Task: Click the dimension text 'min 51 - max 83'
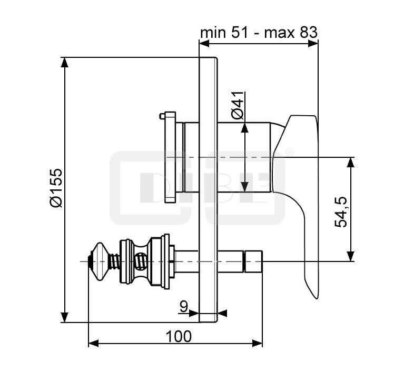click(x=259, y=33)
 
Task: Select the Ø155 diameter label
click(x=56, y=188)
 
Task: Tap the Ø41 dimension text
click(x=238, y=105)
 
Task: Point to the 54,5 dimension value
click(x=341, y=212)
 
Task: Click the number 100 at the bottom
click(x=179, y=336)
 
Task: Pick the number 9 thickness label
click(x=183, y=306)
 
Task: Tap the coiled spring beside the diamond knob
click(x=115, y=262)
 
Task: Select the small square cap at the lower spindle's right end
click(x=253, y=261)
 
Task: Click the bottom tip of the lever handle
click(x=317, y=298)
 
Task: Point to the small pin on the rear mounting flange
click(x=162, y=116)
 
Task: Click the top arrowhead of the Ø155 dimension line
click(x=64, y=62)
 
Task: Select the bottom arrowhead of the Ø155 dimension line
click(x=64, y=317)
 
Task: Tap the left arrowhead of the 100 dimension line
click(x=94, y=343)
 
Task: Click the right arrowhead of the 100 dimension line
click(x=257, y=343)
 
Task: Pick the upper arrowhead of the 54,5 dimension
click(x=350, y=162)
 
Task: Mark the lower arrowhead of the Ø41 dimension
click(x=244, y=187)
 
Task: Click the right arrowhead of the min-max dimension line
click(x=313, y=44)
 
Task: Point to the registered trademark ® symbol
click(x=290, y=152)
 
